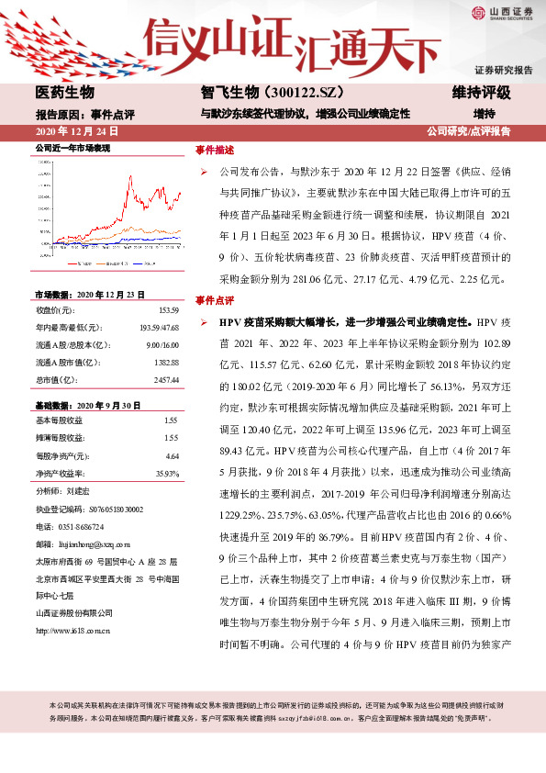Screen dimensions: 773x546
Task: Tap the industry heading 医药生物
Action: coord(65,93)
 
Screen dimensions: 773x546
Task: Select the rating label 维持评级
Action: coord(481,93)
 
